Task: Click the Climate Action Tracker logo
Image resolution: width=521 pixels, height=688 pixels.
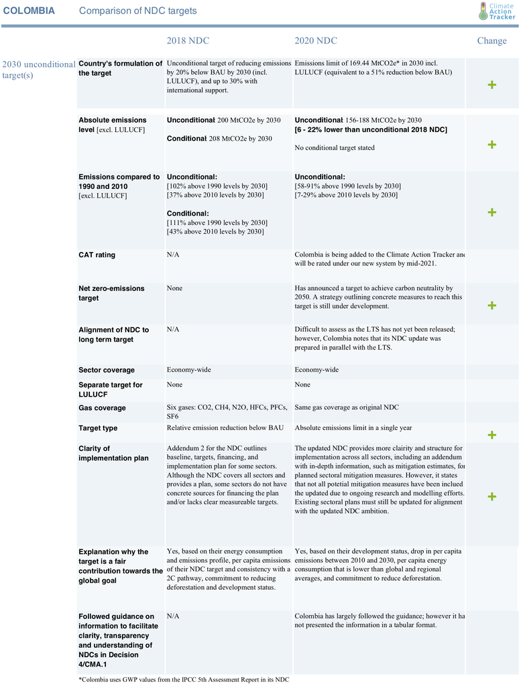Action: pyautogui.click(x=497, y=11)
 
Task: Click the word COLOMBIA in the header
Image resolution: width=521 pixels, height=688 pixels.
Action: pyautogui.click(x=29, y=11)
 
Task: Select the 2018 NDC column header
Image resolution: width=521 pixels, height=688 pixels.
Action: pyautogui.click(x=188, y=41)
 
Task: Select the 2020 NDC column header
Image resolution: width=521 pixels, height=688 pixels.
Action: pyautogui.click(x=316, y=41)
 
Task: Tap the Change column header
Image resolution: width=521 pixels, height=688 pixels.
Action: pyautogui.click(x=491, y=41)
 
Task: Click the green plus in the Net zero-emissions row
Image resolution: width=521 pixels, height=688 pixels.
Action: pyautogui.click(x=492, y=305)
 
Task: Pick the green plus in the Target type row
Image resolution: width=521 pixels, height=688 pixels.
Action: pyautogui.click(x=492, y=435)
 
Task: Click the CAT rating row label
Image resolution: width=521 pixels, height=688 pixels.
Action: pyautogui.click(x=97, y=255)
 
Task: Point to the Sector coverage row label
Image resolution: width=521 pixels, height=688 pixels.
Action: pyautogui.click(x=106, y=370)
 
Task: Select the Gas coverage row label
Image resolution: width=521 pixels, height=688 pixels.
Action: pyautogui.click(x=102, y=408)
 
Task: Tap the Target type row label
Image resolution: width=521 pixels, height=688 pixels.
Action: pyautogui.click(x=98, y=428)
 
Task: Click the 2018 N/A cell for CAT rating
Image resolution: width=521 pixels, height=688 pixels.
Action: pyautogui.click(x=173, y=255)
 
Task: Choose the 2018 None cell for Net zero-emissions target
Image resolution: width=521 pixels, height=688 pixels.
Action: pyautogui.click(x=174, y=289)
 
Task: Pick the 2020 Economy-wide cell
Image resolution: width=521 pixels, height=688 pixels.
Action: pyautogui.click(x=316, y=370)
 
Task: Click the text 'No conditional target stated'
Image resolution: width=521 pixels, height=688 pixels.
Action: pyautogui.click(x=335, y=148)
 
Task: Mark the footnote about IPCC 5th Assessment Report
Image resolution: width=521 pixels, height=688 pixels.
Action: pyautogui.click(x=184, y=680)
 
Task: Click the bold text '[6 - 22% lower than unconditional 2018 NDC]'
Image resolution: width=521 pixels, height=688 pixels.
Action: pyautogui.click(x=371, y=129)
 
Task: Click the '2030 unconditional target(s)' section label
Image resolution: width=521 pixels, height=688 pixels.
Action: pyautogui.click(x=39, y=70)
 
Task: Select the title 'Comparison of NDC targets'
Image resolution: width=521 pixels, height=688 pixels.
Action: pyautogui.click(x=138, y=11)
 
